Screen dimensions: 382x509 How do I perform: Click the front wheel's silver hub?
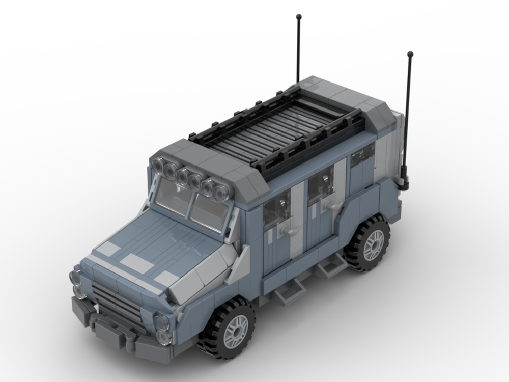click(x=236, y=331)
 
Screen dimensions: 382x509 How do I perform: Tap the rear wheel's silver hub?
click(x=373, y=244)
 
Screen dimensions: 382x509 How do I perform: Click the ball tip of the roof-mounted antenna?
click(x=298, y=17)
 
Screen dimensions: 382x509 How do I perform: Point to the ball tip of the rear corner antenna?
click(x=410, y=53)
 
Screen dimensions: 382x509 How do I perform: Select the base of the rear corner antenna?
click(x=404, y=182)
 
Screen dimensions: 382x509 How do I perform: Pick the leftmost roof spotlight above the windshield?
click(x=159, y=165)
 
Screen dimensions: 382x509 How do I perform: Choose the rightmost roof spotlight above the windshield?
click(x=221, y=192)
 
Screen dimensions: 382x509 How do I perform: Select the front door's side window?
click(x=276, y=210)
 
